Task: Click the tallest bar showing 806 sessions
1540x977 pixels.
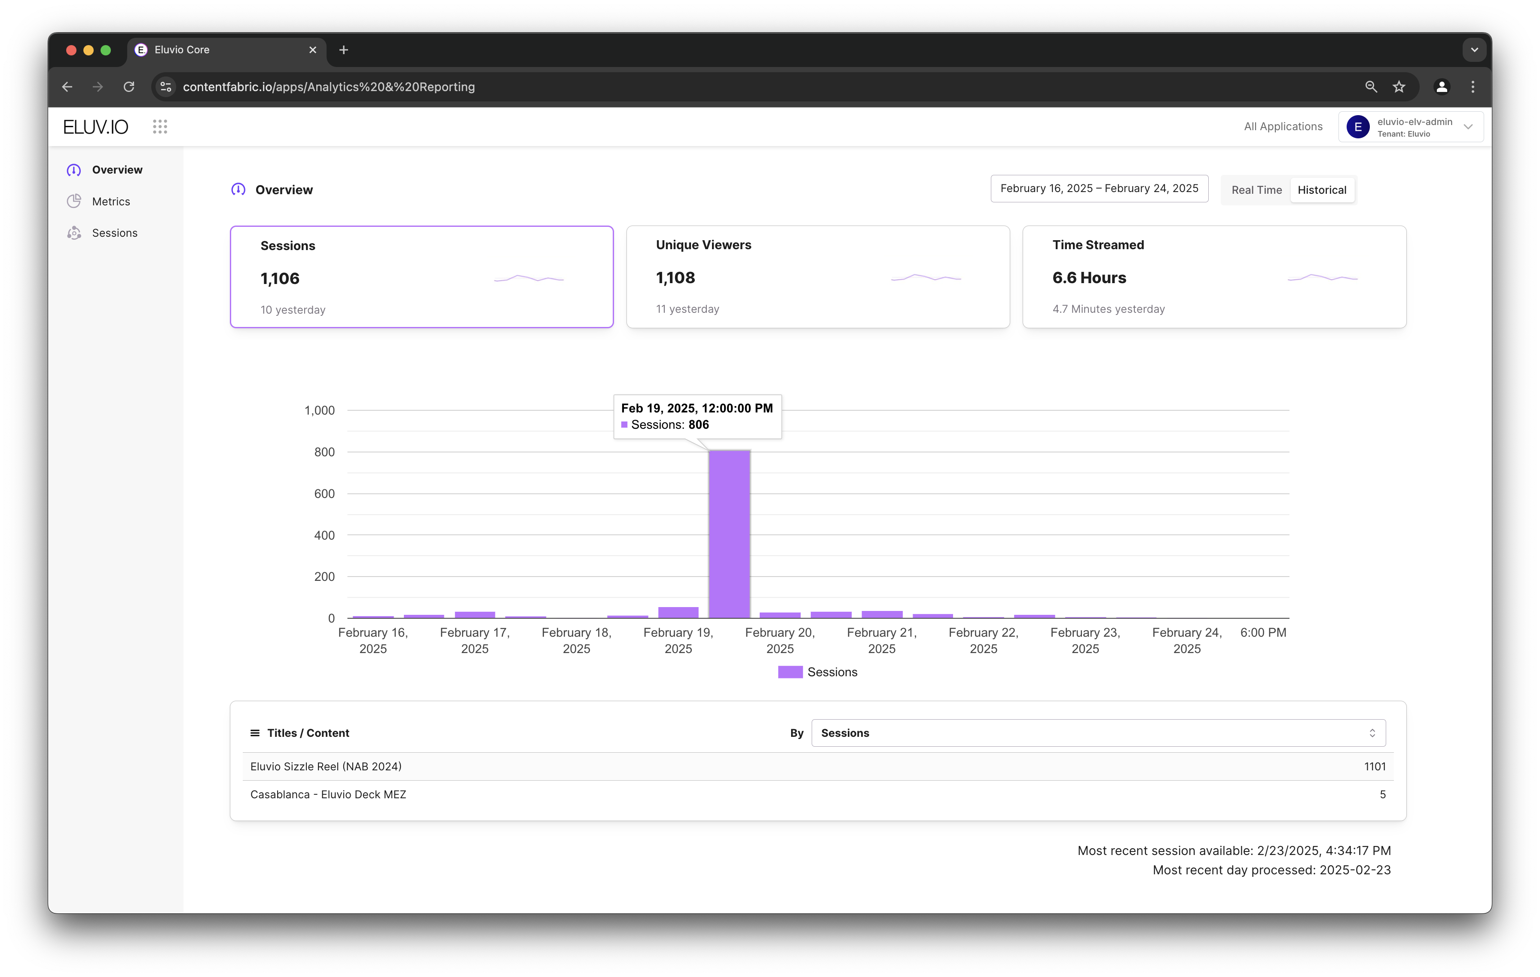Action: click(729, 534)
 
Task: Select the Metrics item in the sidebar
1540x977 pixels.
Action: click(110, 202)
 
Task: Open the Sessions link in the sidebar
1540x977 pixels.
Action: click(114, 233)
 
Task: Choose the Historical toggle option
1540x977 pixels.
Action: click(1322, 190)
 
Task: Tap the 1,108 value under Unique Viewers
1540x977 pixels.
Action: click(675, 278)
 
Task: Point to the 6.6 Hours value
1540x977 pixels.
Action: click(1089, 278)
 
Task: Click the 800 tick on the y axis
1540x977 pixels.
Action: click(324, 452)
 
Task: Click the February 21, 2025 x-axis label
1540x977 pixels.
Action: click(882, 640)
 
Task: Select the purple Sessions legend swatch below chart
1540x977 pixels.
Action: click(790, 672)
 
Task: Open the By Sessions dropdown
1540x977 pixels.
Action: click(1099, 733)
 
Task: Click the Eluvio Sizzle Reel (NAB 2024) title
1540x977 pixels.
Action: click(326, 766)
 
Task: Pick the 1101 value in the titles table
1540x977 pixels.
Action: click(1375, 766)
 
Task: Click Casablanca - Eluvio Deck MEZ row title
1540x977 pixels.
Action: click(328, 794)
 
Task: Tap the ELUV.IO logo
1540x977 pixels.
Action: click(96, 127)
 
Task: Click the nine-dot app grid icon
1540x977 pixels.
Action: click(160, 127)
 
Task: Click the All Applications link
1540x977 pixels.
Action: click(1283, 127)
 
